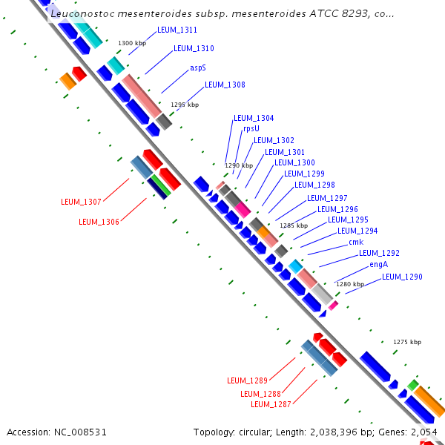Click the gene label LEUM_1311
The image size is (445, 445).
[177, 30]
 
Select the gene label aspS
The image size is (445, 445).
[197, 67]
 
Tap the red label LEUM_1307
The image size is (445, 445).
[81, 202]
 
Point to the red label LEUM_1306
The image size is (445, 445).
[99, 222]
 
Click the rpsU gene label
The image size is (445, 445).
[251, 128]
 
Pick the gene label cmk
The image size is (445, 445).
[356, 242]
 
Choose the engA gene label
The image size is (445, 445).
[378, 264]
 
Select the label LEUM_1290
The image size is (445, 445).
[402, 277]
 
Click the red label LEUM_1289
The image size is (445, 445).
[247, 380]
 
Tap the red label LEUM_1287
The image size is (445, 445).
[271, 404]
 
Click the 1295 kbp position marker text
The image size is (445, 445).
[185, 105]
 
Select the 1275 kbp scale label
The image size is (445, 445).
[406, 342]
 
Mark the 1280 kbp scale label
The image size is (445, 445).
[350, 284]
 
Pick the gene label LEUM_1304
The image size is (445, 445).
[254, 118]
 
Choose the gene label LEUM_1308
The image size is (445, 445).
[225, 85]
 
